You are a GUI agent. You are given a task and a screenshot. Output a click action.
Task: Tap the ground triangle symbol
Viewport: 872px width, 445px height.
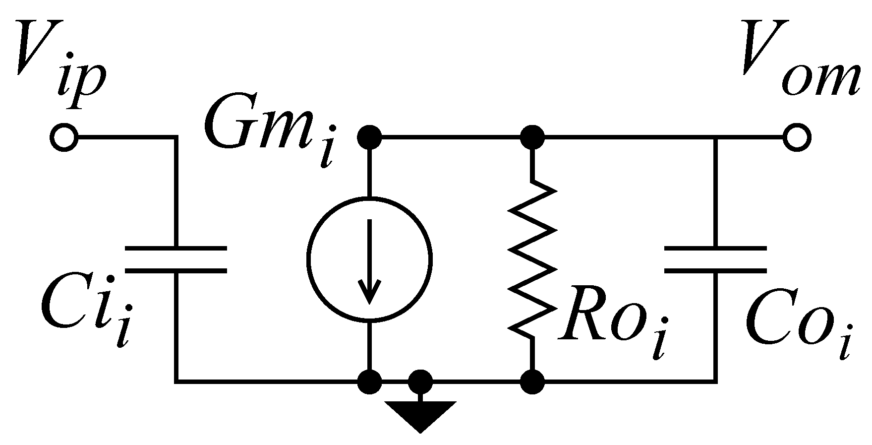tap(420, 414)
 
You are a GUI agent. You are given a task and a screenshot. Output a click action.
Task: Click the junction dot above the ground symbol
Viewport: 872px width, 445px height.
tap(420, 382)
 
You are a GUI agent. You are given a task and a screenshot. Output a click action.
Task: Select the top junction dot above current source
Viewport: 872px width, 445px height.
tap(369, 136)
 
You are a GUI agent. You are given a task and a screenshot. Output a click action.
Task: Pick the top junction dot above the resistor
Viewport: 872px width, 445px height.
tap(532, 136)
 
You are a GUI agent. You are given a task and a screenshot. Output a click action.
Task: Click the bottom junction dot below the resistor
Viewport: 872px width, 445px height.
tap(532, 382)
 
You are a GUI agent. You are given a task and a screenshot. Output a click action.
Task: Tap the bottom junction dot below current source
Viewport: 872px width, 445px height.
tap(369, 382)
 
